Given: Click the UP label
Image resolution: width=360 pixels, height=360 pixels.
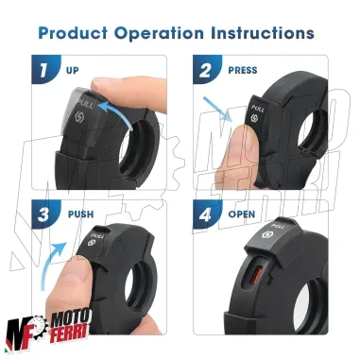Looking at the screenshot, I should pyautogui.click(x=73, y=70).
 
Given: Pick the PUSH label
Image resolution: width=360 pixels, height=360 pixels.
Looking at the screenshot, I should pyautogui.click(x=79, y=214).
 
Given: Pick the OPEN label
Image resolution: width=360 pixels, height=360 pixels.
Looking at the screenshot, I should pyautogui.click(x=242, y=214).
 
